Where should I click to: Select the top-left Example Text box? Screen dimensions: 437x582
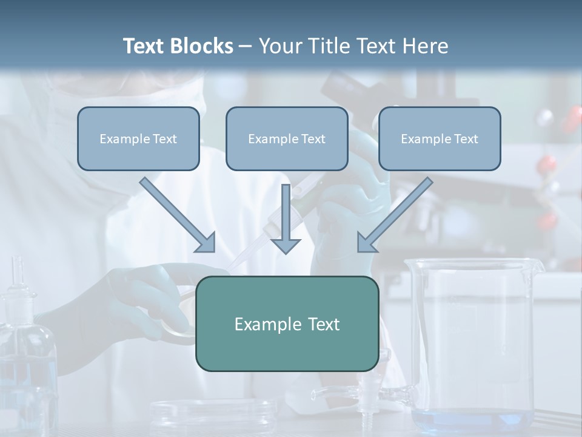138,139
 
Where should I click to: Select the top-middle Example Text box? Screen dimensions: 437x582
287,139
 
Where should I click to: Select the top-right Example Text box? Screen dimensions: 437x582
440,139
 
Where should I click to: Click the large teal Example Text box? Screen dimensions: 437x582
287,324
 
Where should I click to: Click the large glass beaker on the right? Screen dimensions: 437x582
473,340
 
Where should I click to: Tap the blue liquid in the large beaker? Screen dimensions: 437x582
473,419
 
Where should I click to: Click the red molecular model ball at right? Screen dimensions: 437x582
547,163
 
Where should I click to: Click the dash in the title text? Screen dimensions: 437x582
246,46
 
